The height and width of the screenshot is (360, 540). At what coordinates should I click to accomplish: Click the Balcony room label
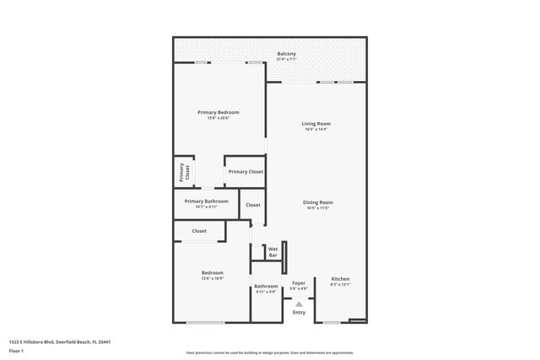286,54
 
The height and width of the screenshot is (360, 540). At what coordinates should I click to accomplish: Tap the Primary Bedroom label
219,112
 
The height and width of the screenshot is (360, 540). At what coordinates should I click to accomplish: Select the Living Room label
316,123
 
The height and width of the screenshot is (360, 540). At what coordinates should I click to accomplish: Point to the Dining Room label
318,201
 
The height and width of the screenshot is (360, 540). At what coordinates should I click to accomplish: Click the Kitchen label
340,279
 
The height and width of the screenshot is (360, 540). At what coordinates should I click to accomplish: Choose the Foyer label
299,283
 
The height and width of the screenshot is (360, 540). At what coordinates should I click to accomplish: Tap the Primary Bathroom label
206,201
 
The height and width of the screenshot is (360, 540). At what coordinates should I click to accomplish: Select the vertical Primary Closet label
183,172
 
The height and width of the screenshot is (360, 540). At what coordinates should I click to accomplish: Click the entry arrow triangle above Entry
299,304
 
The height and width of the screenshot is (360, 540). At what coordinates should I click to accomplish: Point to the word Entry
299,313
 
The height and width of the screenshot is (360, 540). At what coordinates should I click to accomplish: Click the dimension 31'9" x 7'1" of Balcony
286,60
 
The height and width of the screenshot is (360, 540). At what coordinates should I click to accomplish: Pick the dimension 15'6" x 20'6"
219,118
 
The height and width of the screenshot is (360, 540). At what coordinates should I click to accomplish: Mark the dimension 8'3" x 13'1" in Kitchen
340,285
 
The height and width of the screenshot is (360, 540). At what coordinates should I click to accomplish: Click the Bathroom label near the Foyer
266,286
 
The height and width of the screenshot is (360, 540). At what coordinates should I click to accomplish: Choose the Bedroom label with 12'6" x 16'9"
212,272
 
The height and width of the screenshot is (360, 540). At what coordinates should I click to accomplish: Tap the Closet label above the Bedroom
199,230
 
